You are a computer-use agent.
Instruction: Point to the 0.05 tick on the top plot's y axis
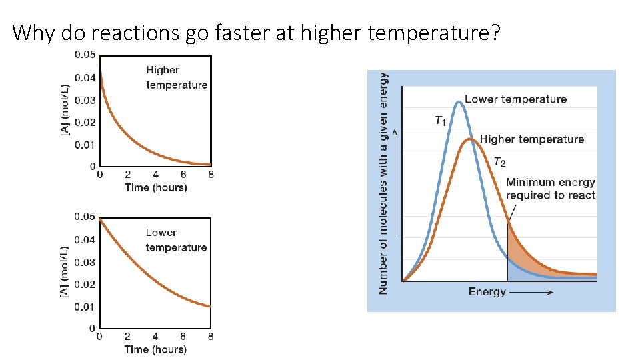pyautogui.click(x=84, y=55)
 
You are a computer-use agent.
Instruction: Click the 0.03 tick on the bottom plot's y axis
pyautogui.click(x=84, y=262)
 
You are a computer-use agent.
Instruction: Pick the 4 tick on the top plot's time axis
pyautogui.click(x=155, y=175)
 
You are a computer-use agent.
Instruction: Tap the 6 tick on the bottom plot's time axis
pyautogui.click(x=183, y=337)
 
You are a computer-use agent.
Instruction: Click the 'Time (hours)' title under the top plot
pyautogui.click(x=156, y=187)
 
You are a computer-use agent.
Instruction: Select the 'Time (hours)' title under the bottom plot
pyautogui.click(x=156, y=349)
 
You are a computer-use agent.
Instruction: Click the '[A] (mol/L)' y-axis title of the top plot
pyautogui.click(x=65, y=111)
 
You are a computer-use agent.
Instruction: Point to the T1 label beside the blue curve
pyautogui.click(x=440, y=121)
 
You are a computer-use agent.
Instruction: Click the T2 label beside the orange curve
pyautogui.click(x=500, y=162)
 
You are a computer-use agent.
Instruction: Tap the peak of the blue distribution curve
pyautogui.click(x=457, y=102)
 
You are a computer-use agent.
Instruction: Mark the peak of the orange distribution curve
pyautogui.click(x=471, y=139)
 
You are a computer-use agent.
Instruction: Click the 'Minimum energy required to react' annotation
pyautogui.click(x=550, y=189)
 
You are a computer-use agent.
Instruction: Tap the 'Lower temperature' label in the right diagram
pyautogui.click(x=515, y=99)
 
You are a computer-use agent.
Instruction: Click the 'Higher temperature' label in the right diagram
pyautogui.click(x=531, y=139)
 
